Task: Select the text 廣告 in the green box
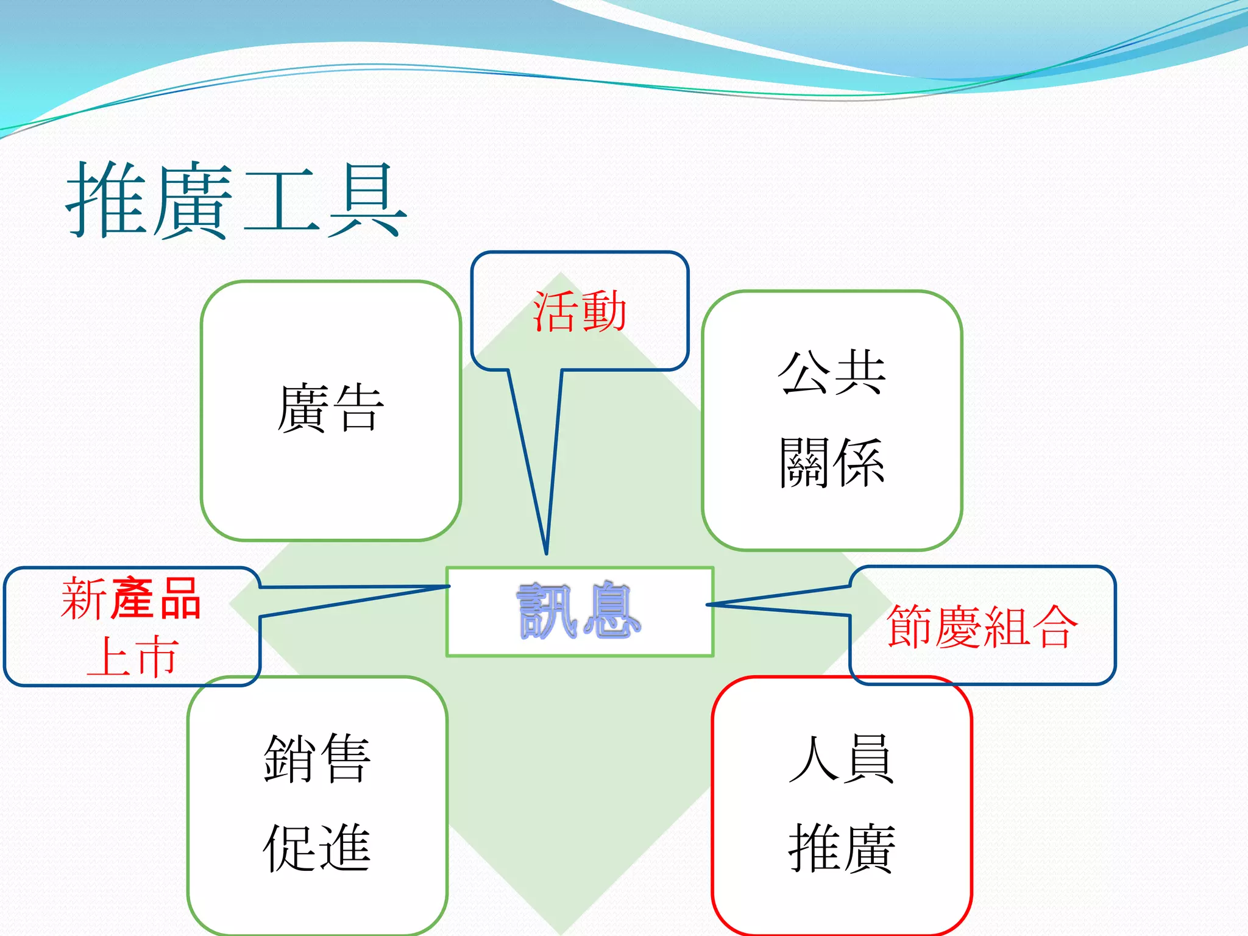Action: pos(330,408)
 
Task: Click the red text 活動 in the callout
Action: pos(580,311)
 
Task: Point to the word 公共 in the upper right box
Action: pos(832,372)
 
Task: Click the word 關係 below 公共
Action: pos(832,463)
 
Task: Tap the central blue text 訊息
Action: pos(579,611)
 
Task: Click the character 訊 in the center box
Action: pos(547,611)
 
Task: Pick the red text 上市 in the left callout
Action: pos(132,657)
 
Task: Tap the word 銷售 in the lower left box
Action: pos(317,758)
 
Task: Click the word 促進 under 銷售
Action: pos(317,848)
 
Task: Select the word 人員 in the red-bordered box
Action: pos(842,758)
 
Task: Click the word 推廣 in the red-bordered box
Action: pos(842,848)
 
